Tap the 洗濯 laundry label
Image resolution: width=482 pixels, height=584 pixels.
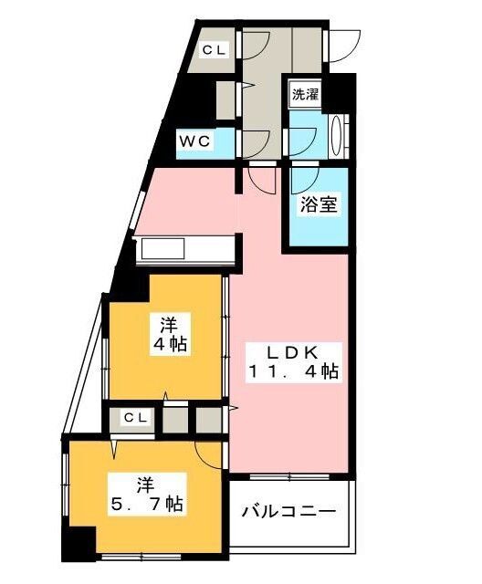pos(304,94)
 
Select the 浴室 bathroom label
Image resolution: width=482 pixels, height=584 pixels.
pos(320,204)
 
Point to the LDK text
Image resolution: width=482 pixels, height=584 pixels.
pos(291,351)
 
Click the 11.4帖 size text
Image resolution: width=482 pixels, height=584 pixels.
pos(292,371)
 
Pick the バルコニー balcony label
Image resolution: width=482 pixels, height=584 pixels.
pos(288,512)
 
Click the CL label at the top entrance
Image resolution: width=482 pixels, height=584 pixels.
pos(215,50)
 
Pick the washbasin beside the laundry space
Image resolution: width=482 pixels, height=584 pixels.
pos(338,137)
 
